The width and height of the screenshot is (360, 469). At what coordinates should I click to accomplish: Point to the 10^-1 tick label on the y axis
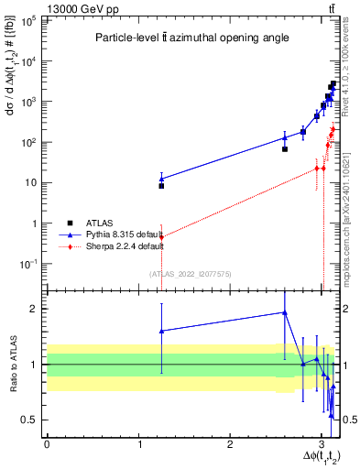coord(29,264)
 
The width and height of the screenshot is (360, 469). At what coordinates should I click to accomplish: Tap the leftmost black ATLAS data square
coord(161,186)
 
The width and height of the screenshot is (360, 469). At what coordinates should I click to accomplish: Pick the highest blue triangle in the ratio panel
coord(285,312)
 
